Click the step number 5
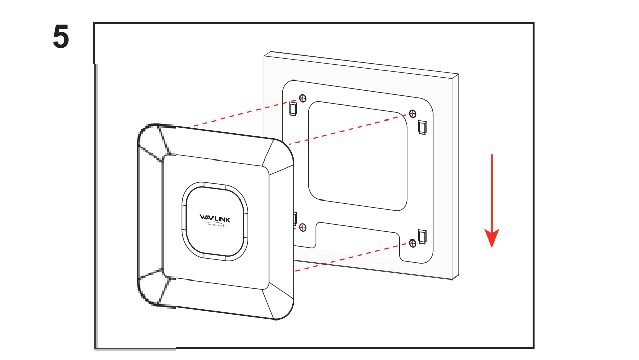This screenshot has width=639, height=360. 61,37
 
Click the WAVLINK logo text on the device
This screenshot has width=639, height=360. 215,218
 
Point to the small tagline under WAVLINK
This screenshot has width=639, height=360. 215,226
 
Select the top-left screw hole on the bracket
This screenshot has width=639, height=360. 303,98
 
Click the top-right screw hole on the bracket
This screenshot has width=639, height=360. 413,113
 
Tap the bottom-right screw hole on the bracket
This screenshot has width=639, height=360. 413,244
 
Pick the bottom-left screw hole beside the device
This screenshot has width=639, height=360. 303,227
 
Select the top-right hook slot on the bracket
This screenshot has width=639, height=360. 422,126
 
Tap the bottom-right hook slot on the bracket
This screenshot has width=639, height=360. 422,236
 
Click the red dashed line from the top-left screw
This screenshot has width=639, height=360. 243,112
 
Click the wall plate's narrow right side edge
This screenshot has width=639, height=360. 455,177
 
